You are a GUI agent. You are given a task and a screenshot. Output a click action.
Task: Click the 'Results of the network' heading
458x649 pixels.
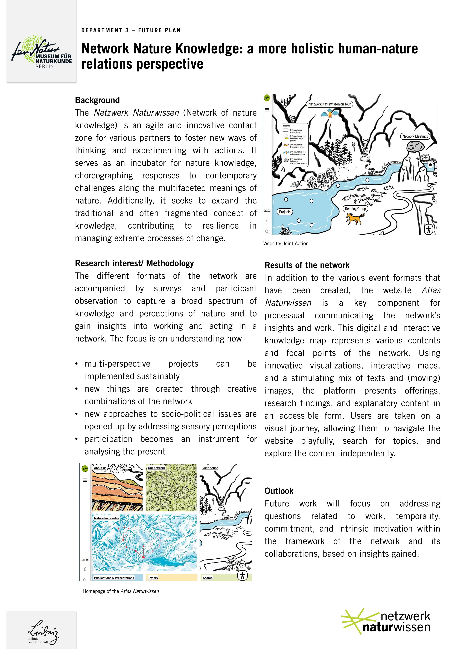pyautogui.click(x=307, y=265)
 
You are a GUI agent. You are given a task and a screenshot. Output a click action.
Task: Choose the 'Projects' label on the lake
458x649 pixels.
pyautogui.click(x=285, y=212)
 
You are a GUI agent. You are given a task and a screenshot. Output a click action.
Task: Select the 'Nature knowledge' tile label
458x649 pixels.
pyautogui.click(x=106, y=518)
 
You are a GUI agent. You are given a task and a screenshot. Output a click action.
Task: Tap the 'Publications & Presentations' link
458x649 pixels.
pyautogui.click(x=114, y=578)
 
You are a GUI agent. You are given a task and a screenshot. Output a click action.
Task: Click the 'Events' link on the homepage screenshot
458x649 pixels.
pyautogui.click(x=153, y=578)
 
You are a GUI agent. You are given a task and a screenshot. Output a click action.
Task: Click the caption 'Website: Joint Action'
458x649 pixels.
pyautogui.click(x=286, y=243)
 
